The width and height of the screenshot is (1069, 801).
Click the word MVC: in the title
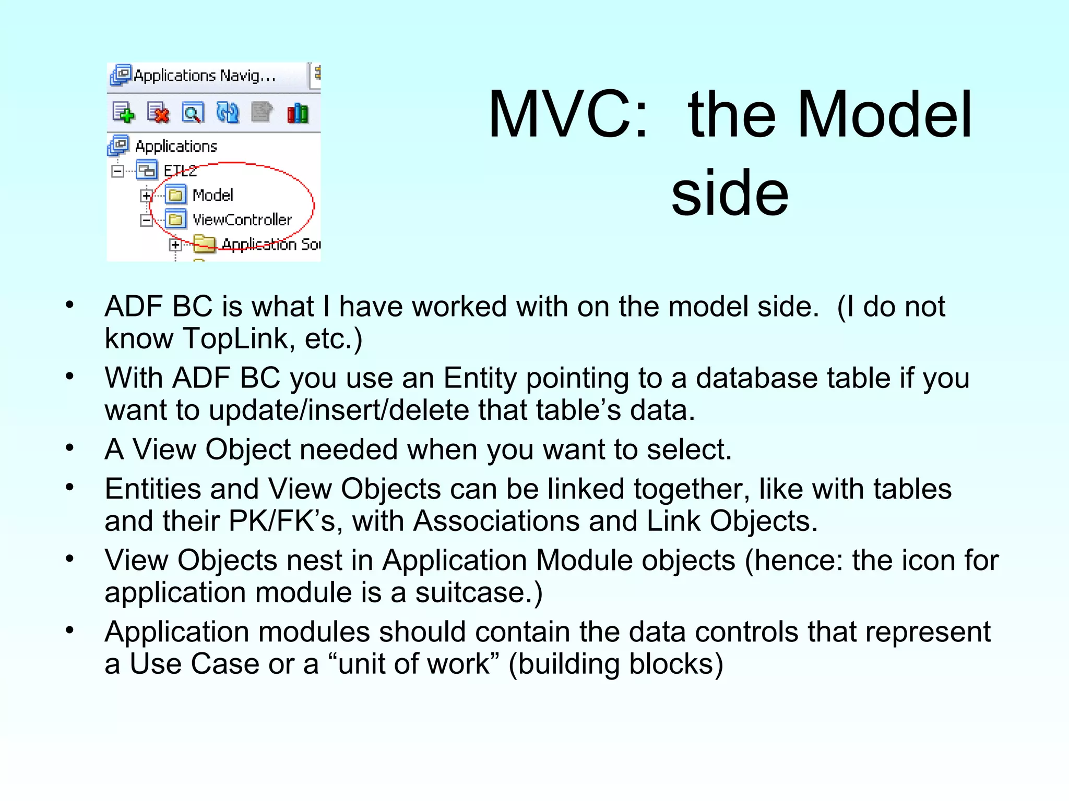pyautogui.click(x=568, y=115)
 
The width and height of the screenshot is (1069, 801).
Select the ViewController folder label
pyautogui.click(x=242, y=220)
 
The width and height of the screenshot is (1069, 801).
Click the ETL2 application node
pyautogui.click(x=180, y=171)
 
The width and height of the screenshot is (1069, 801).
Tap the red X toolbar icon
pyautogui.click(x=158, y=113)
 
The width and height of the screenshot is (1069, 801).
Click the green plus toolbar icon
pyautogui.click(x=124, y=113)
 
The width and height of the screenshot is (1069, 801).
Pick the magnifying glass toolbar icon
pyautogui.click(x=193, y=113)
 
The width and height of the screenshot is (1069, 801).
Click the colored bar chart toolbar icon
pyautogui.click(x=298, y=113)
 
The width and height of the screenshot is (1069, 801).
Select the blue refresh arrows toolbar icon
pyautogui.click(x=228, y=113)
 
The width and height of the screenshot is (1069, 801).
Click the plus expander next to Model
pyautogui.click(x=146, y=196)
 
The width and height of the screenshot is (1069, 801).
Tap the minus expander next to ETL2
pyautogui.click(x=118, y=171)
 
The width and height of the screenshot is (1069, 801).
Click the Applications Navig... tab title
pyautogui.click(x=204, y=76)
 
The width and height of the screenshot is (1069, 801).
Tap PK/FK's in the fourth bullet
pyautogui.click(x=281, y=521)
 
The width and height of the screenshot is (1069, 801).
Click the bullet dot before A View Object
pyautogui.click(x=70, y=448)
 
